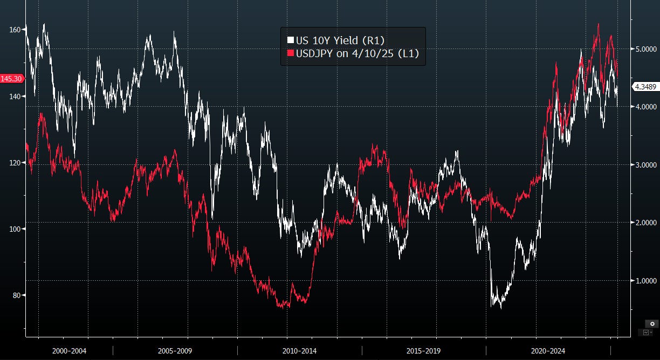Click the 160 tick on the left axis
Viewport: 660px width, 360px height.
(x=15, y=30)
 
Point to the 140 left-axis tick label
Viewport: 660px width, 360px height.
(x=15, y=96)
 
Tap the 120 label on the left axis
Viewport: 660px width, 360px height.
(x=15, y=163)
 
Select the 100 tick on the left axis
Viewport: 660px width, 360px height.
(x=15, y=229)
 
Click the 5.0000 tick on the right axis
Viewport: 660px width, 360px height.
(x=644, y=49)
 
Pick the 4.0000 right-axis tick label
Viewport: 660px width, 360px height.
(x=644, y=107)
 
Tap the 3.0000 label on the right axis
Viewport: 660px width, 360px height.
(x=644, y=165)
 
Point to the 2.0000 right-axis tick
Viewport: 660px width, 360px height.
(x=644, y=223)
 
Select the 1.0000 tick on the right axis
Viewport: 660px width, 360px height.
(x=644, y=281)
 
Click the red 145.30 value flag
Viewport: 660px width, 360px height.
(x=11, y=79)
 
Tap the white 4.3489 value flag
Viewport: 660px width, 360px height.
(x=644, y=86)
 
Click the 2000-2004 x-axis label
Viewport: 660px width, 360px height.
(x=69, y=351)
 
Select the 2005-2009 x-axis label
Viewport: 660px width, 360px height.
(x=175, y=351)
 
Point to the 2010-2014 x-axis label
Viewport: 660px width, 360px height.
(x=299, y=351)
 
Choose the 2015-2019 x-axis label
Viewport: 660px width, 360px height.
(x=423, y=351)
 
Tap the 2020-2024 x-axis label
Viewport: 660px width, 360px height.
(x=547, y=351)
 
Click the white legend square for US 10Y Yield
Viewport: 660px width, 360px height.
(x=290, y=40)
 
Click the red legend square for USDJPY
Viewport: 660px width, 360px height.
(x=290, y=53)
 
